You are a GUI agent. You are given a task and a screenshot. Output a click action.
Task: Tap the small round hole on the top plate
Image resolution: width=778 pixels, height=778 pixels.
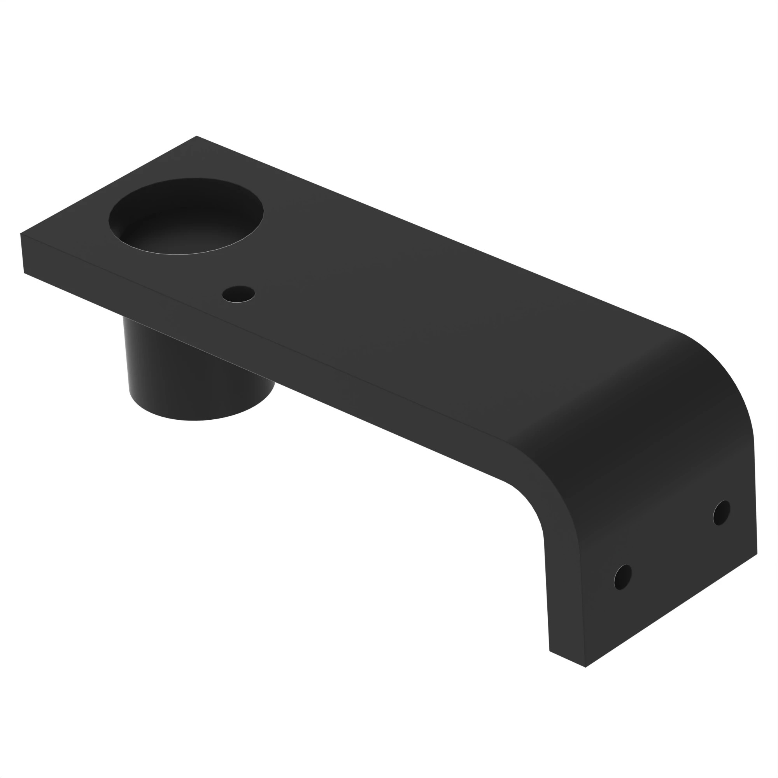pos(238,294)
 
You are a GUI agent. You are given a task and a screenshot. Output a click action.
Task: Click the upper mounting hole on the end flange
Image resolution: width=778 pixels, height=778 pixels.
pos(721,513)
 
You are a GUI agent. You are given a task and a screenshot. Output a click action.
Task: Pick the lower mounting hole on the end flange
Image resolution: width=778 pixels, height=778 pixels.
pos(622,577)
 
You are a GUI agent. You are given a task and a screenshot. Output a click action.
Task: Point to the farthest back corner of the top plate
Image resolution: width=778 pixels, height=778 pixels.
pos(196,136)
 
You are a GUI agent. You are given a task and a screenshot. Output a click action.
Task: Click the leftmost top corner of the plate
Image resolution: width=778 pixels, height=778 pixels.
pos(21,233)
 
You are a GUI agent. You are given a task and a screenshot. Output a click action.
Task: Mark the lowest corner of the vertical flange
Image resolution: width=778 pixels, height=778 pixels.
pos(585,667)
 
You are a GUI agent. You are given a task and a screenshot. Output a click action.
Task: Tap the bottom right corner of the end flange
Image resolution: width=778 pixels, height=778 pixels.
pos(757,554)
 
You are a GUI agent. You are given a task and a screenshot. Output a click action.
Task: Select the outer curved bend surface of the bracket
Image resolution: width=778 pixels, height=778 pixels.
pos(644,403)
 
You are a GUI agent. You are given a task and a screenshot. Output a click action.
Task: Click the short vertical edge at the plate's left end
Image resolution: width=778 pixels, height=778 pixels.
pos(22,254)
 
